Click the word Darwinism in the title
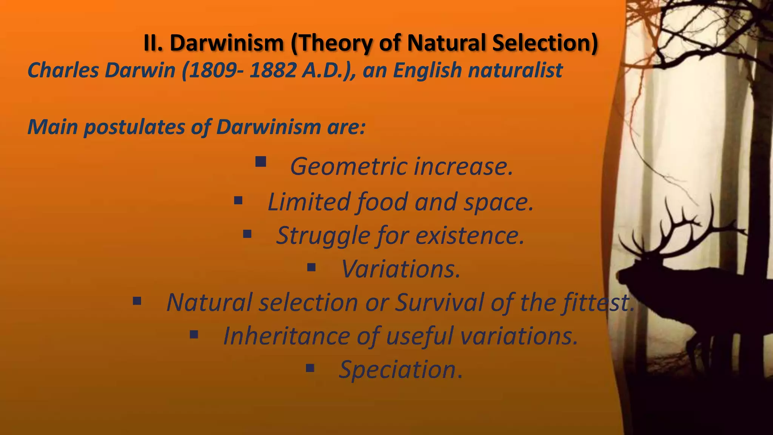tap(226, 43)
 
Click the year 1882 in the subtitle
tap(272, 70)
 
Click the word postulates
tap(134, 127)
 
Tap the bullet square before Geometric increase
tap(260, 162)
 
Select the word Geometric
tap(349, 167)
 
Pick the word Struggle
tap(323, 235)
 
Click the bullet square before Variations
tap(311, 268)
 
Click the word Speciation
tap(400, 369)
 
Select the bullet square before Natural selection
tap(137, 301)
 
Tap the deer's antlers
tap(676, 227)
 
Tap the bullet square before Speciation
tap(310, 368)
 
